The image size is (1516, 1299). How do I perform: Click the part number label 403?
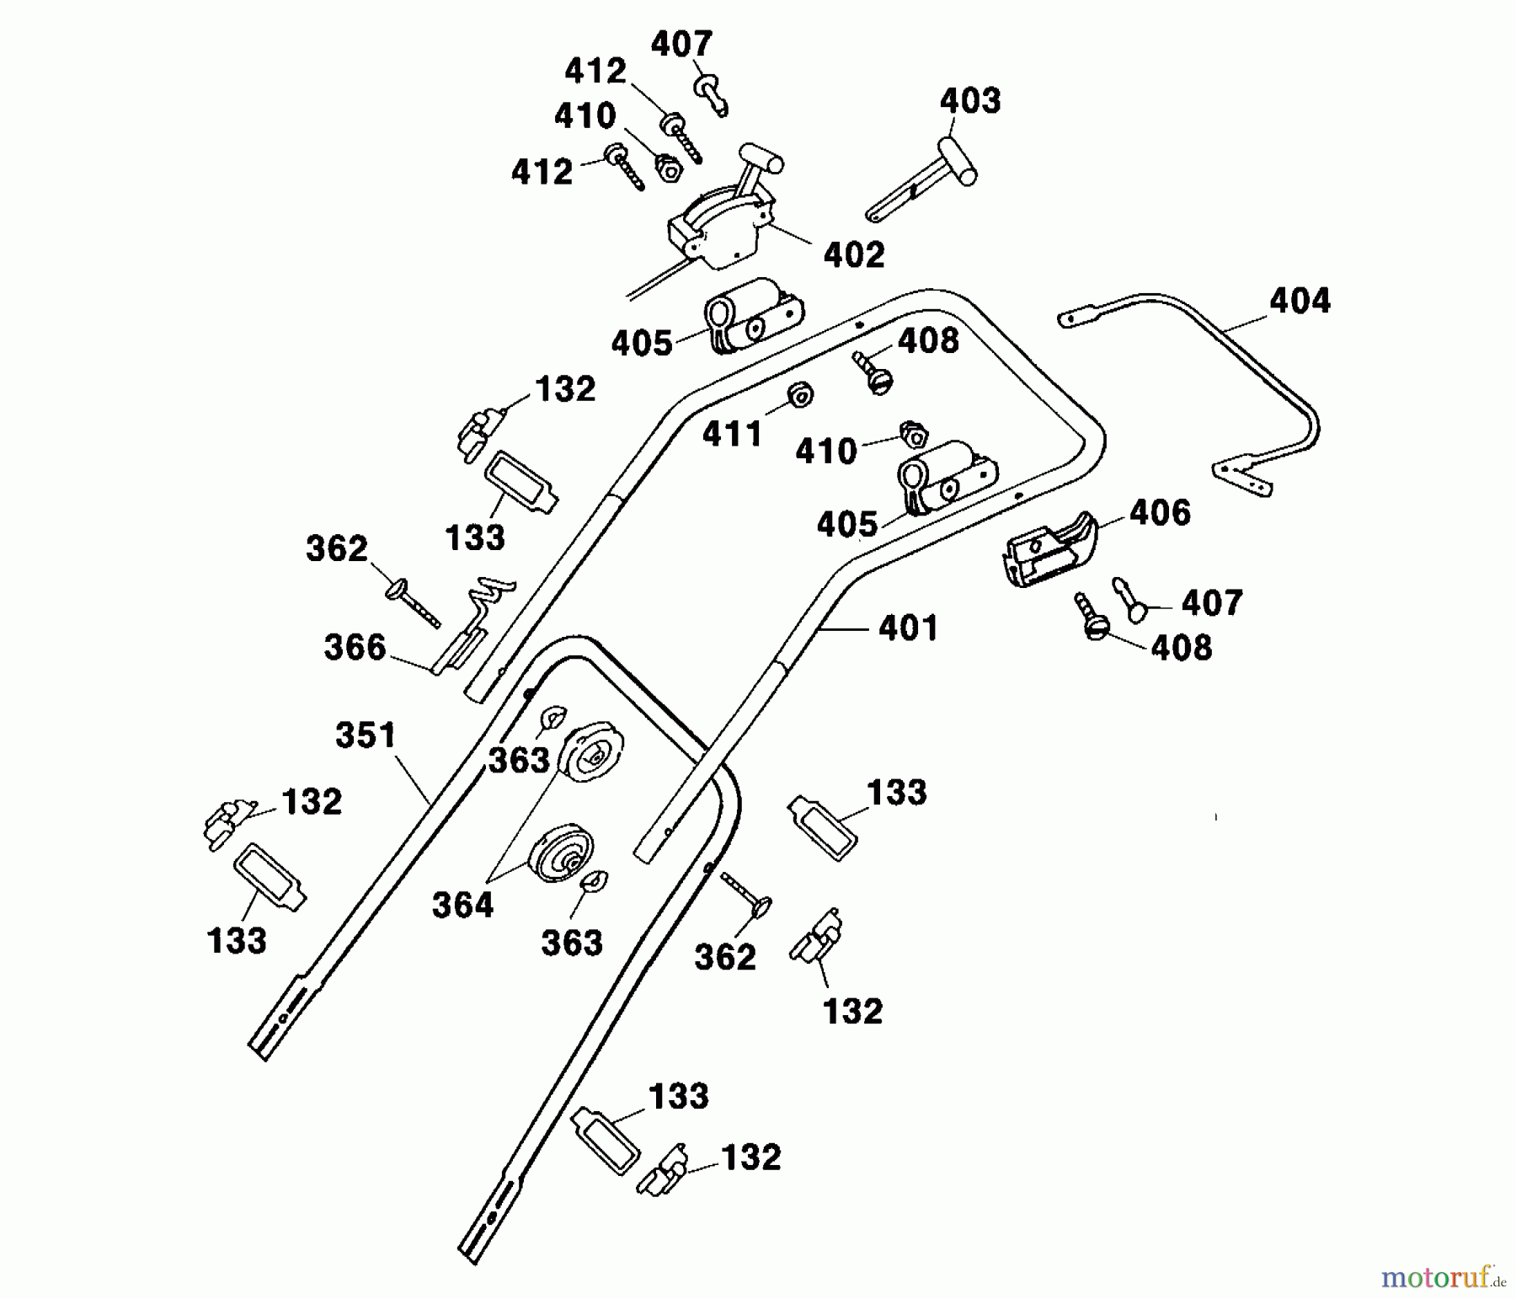click(x=970, y=101)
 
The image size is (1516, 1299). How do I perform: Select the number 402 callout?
click(x=854, y=255)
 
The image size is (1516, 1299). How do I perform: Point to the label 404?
click(x=1300, y=301)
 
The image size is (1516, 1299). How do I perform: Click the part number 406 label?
click(x=1160, y=512)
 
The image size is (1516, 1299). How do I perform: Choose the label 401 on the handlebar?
click(x=907, y=628)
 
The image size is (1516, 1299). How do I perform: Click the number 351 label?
click(x=366, y=735)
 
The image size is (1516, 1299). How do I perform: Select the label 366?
click(x=355, y=648)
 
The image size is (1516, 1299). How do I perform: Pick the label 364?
click(x=462, y=906)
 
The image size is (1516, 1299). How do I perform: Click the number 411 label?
click(x=733, y=435)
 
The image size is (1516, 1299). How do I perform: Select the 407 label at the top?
click(x=681, y=44)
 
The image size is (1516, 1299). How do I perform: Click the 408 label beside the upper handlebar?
click(x=928, y=341)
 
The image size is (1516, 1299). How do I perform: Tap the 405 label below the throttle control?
click(x=642, y=344)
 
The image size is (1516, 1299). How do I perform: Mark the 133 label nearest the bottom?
click(x=679, y=1096)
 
